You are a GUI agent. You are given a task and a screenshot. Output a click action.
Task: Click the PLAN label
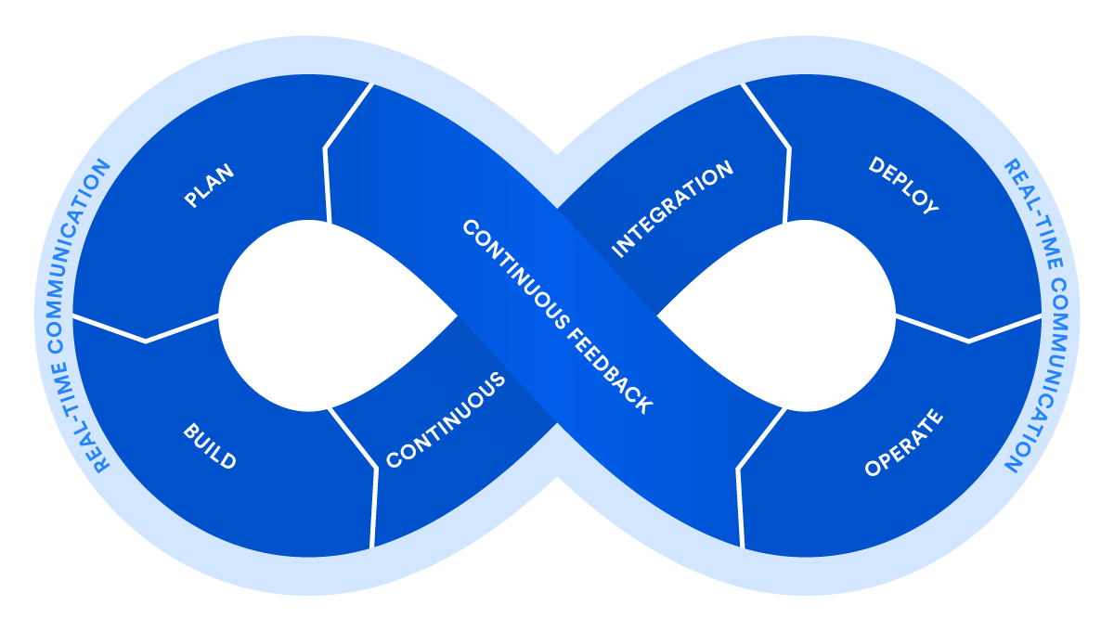[x=209, y=186]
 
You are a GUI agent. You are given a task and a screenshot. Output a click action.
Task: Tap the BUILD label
[x=210, y=446]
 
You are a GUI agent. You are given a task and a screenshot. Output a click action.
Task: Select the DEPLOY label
[x=903, y=186]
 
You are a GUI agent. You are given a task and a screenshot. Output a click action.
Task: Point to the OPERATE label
[x=903, y=444]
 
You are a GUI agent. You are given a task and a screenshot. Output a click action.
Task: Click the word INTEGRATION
[x=673, y=209]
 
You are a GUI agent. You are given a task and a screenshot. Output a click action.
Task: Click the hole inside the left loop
[x=316, y=315]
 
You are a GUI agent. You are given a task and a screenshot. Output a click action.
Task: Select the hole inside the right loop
[x=798, y=315]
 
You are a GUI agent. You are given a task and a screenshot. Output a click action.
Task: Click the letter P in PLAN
[x=191, y=200]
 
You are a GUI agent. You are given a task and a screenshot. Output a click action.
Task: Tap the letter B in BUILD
[x=188, y=431]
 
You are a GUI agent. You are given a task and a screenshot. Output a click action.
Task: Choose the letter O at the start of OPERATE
[x=872, y=470]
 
